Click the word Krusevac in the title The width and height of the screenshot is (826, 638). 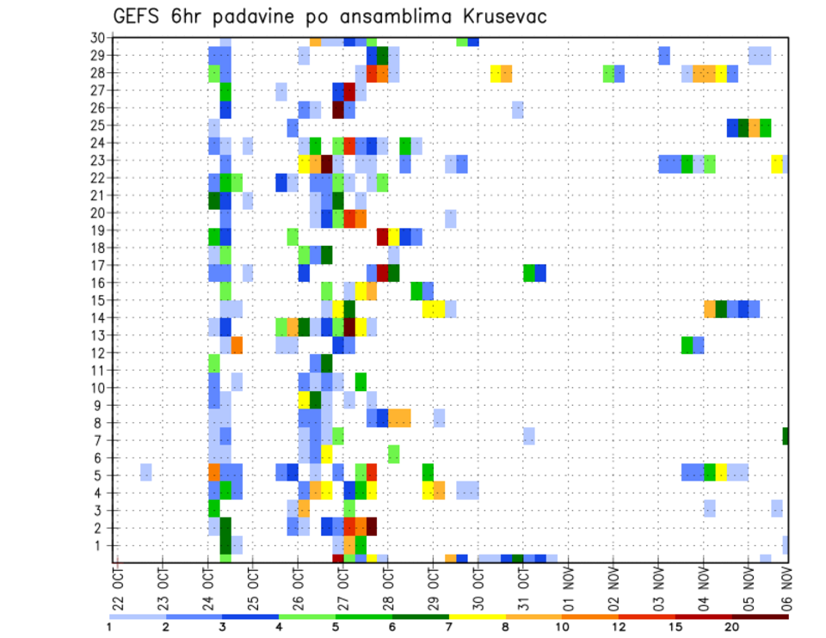click(x=492, y=16)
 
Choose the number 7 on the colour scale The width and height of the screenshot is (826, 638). click(x=449, y=627)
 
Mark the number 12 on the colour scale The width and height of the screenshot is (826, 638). click(x=619, y=627)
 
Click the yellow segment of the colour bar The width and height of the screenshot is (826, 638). click(x=478, y=617)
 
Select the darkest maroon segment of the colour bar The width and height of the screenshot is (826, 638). click(x=761, y=617)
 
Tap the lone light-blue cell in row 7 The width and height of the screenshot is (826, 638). click(x=528, y=436)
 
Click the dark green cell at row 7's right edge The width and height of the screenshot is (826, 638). click(x=786, y=436)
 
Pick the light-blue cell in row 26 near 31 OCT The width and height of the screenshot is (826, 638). click(x=517, y=108)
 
